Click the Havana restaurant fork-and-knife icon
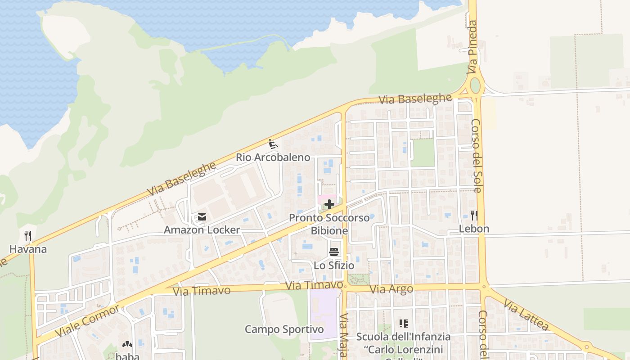28,236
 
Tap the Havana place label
28,249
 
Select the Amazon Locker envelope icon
202,217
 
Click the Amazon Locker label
202,230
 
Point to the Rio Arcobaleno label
273,157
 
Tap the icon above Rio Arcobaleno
273,144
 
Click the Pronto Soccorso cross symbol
329,205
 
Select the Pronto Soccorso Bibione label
329,224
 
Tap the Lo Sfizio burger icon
333,252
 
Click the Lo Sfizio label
333,265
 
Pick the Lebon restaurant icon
474,216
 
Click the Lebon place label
474,229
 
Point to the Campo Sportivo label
284,329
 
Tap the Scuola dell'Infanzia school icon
403,323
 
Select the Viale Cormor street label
88,321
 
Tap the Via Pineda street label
472,47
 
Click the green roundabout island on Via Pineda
475,85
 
